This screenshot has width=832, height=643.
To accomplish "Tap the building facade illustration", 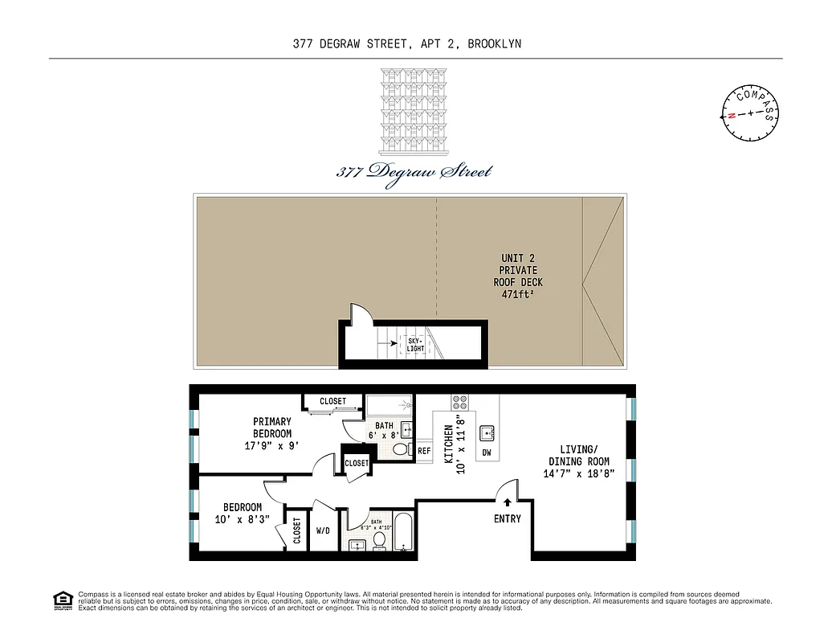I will [414, 111].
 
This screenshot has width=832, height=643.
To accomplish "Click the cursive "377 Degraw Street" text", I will [414, 170].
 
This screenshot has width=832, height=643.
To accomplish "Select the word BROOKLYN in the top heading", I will [496, 44].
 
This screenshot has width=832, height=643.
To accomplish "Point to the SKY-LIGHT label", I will [415, 344].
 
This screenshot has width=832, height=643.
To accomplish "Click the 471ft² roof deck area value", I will [518, 294].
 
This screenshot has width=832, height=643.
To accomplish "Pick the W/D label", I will [324, 530].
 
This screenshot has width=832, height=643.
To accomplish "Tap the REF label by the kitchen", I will [424, 451].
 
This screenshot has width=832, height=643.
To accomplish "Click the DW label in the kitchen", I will [487, 453].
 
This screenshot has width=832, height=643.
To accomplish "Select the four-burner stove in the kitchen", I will [461, 402].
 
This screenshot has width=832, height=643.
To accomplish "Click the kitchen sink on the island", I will [487, 433].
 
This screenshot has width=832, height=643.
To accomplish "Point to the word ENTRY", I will [507, 518].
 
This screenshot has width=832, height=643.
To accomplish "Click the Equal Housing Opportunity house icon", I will [61, 600].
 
